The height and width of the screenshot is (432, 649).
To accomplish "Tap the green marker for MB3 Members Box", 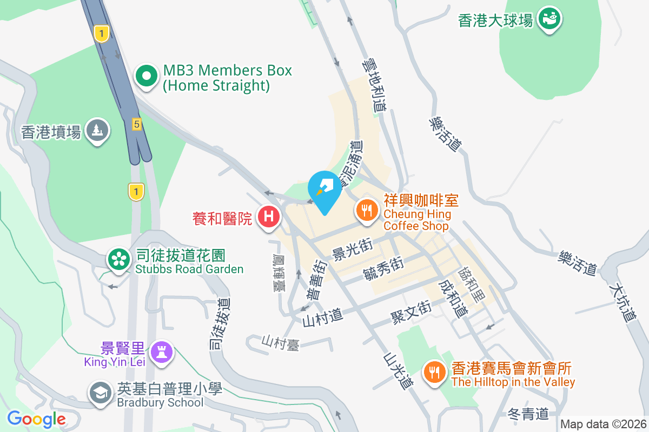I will click(x=146, y=77).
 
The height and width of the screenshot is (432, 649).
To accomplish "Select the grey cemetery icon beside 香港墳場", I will click(x=98, y=131).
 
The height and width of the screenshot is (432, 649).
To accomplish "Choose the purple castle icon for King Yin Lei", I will click(x=161, y=353).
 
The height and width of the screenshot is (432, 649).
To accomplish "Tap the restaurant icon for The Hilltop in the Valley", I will click(x=434, y=372).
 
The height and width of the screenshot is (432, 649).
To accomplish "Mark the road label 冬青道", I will click(x=528, y=414).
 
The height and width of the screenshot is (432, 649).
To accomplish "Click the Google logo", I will click(x=36, y=418).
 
